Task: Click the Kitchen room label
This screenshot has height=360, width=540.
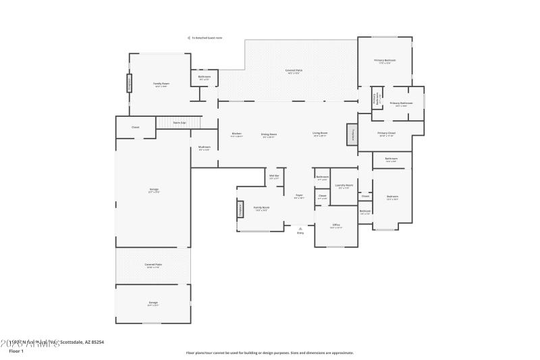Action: (x=236, y=134)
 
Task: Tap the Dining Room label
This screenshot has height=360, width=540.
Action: (x=269, y=134)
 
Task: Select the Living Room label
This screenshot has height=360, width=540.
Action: (x=320, y=134)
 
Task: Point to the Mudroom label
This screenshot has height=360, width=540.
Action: (x=205, y=147)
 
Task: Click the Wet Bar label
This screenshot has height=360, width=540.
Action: (x=274, y=176)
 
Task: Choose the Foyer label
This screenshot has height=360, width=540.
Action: (x=298, y=195)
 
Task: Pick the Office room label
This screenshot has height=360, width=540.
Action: (x=335, y=225)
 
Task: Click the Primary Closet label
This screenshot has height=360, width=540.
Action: (x=386, y=133)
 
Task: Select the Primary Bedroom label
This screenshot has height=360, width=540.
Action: (x=385, y=61)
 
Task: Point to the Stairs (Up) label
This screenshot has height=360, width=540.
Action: (x=180, y=123)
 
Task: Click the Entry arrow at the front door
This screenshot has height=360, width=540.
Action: (x=300, y=230)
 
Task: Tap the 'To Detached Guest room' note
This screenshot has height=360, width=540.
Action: (x=206, y=38)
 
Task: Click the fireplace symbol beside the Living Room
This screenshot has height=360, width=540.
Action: (x=352, y=134)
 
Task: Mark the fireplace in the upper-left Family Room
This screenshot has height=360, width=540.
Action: (x=129, y=83)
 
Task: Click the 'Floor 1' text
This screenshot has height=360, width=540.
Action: (x=16, y=351)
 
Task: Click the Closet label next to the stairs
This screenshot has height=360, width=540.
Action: (x=135, y=127)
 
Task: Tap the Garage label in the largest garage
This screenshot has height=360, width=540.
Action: (x=154, y=190)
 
